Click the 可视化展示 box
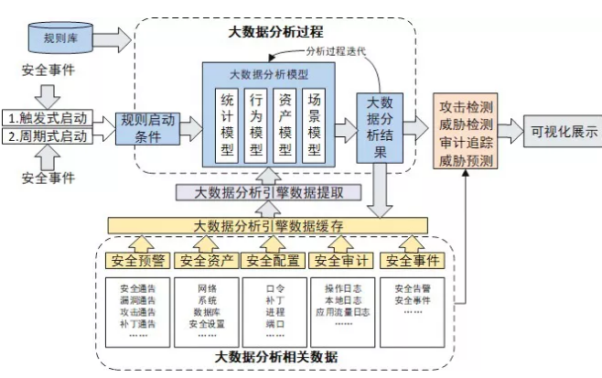562,131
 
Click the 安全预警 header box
135,261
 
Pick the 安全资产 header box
205,261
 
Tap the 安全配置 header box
273,261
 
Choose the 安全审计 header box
340,261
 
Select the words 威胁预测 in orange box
467,160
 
